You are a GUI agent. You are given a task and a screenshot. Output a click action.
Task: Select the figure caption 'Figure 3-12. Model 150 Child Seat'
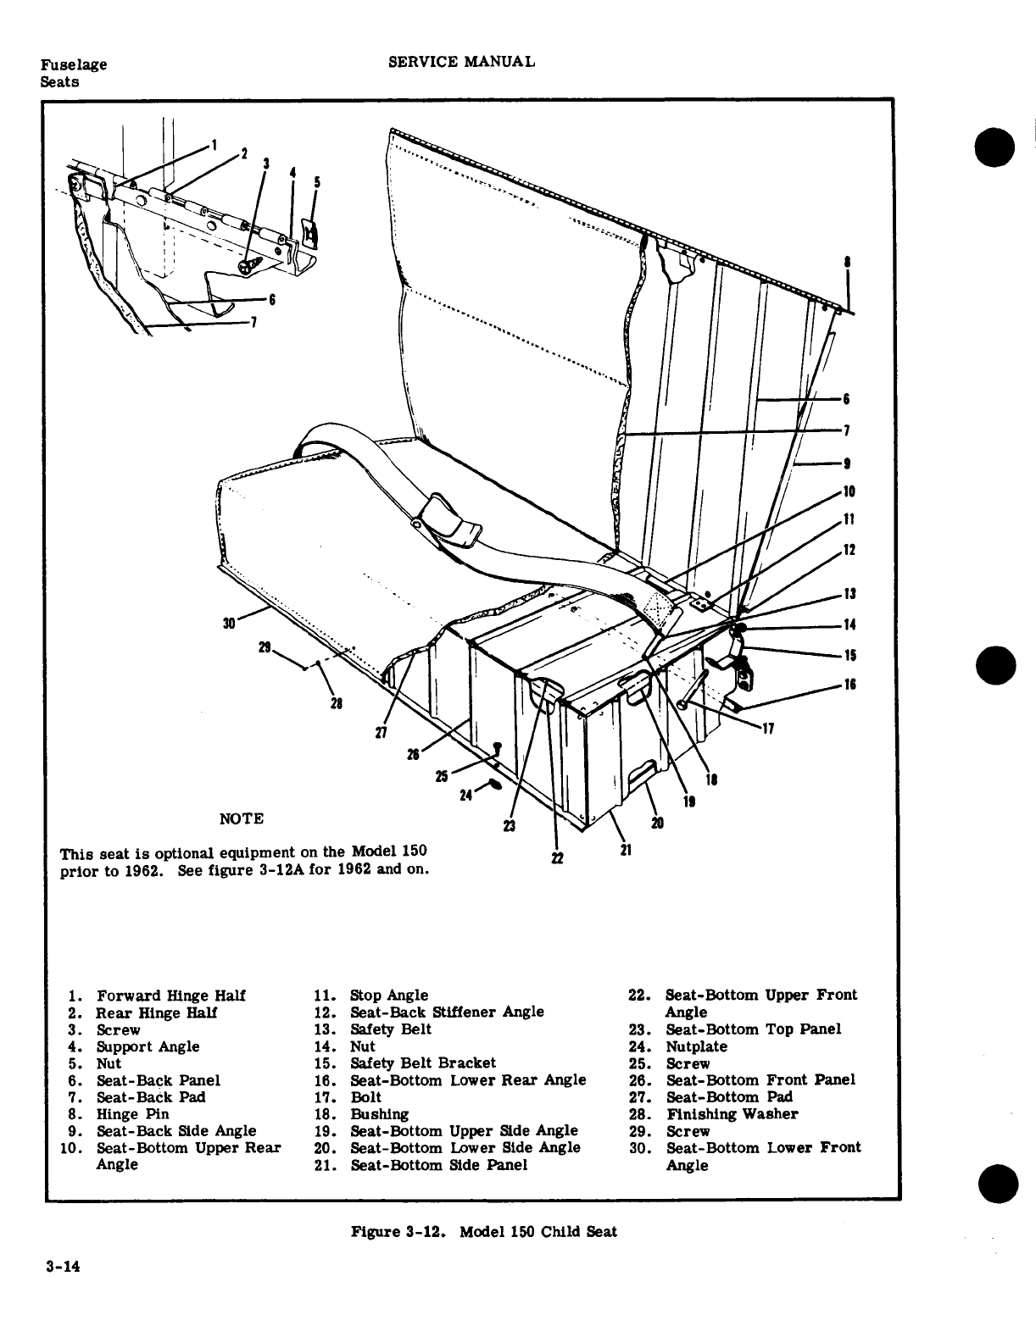click(x=483, y=1231)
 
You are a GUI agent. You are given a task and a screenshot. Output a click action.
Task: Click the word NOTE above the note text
click(x=242, y=818)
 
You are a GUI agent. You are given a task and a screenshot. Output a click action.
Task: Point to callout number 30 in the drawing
click(x=228, y=624)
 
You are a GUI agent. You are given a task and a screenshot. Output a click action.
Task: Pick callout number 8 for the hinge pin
click(x=847, y=263)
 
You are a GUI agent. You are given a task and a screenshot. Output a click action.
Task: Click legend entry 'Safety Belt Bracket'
click(x=423, y=1062)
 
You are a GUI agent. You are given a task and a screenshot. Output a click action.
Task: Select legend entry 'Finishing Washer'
click(x=732, y=1113)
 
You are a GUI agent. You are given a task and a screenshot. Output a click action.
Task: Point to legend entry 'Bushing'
click(x=379, y=1113)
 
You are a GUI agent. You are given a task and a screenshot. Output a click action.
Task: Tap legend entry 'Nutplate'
click(x=696, y=1046)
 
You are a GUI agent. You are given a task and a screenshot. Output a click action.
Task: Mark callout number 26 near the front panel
click(x=413, y=754)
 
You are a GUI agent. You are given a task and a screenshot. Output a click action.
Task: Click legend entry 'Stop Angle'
click(x=389, y=995)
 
